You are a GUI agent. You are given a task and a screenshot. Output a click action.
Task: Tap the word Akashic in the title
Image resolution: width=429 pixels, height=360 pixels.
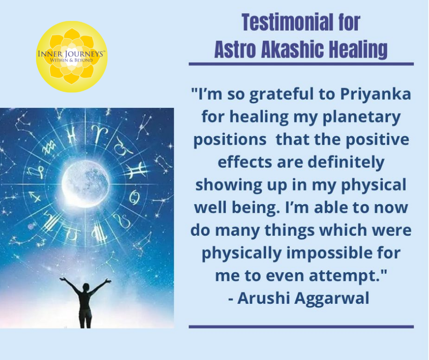[x=292, y=50]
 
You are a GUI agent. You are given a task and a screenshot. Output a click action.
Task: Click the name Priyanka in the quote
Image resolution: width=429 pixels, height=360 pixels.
[x=376, y=95]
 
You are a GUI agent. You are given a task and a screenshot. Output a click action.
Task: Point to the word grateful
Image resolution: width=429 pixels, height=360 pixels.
[x=282, y=95]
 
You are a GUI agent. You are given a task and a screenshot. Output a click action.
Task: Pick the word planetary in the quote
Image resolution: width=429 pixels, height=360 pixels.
[x=361, y=117]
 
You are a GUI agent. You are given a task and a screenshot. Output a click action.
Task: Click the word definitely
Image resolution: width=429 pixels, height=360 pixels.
[x=346, y=162]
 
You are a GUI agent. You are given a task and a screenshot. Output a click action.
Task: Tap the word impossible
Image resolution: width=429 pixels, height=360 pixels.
[x=329, y=253]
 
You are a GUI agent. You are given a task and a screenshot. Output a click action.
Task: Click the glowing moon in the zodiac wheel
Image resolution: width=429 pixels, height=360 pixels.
[x=85, y=182]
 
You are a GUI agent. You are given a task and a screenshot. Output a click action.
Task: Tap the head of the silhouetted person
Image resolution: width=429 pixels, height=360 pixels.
[x=86, y=287]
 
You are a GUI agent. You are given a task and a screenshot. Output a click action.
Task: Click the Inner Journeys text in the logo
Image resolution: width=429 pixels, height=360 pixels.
[x=71, y=54]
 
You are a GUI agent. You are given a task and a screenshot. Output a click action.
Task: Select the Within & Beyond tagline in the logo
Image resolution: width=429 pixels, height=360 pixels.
[x=71, y=60]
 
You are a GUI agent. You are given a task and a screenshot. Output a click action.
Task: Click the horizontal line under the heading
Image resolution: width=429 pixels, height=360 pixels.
[x=301, y=64]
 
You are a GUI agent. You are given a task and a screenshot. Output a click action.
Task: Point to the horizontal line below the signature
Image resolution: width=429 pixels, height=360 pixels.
[x=301, y=327]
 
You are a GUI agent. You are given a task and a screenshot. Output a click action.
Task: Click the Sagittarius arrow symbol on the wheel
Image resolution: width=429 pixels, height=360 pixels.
[x=35, y=197]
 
